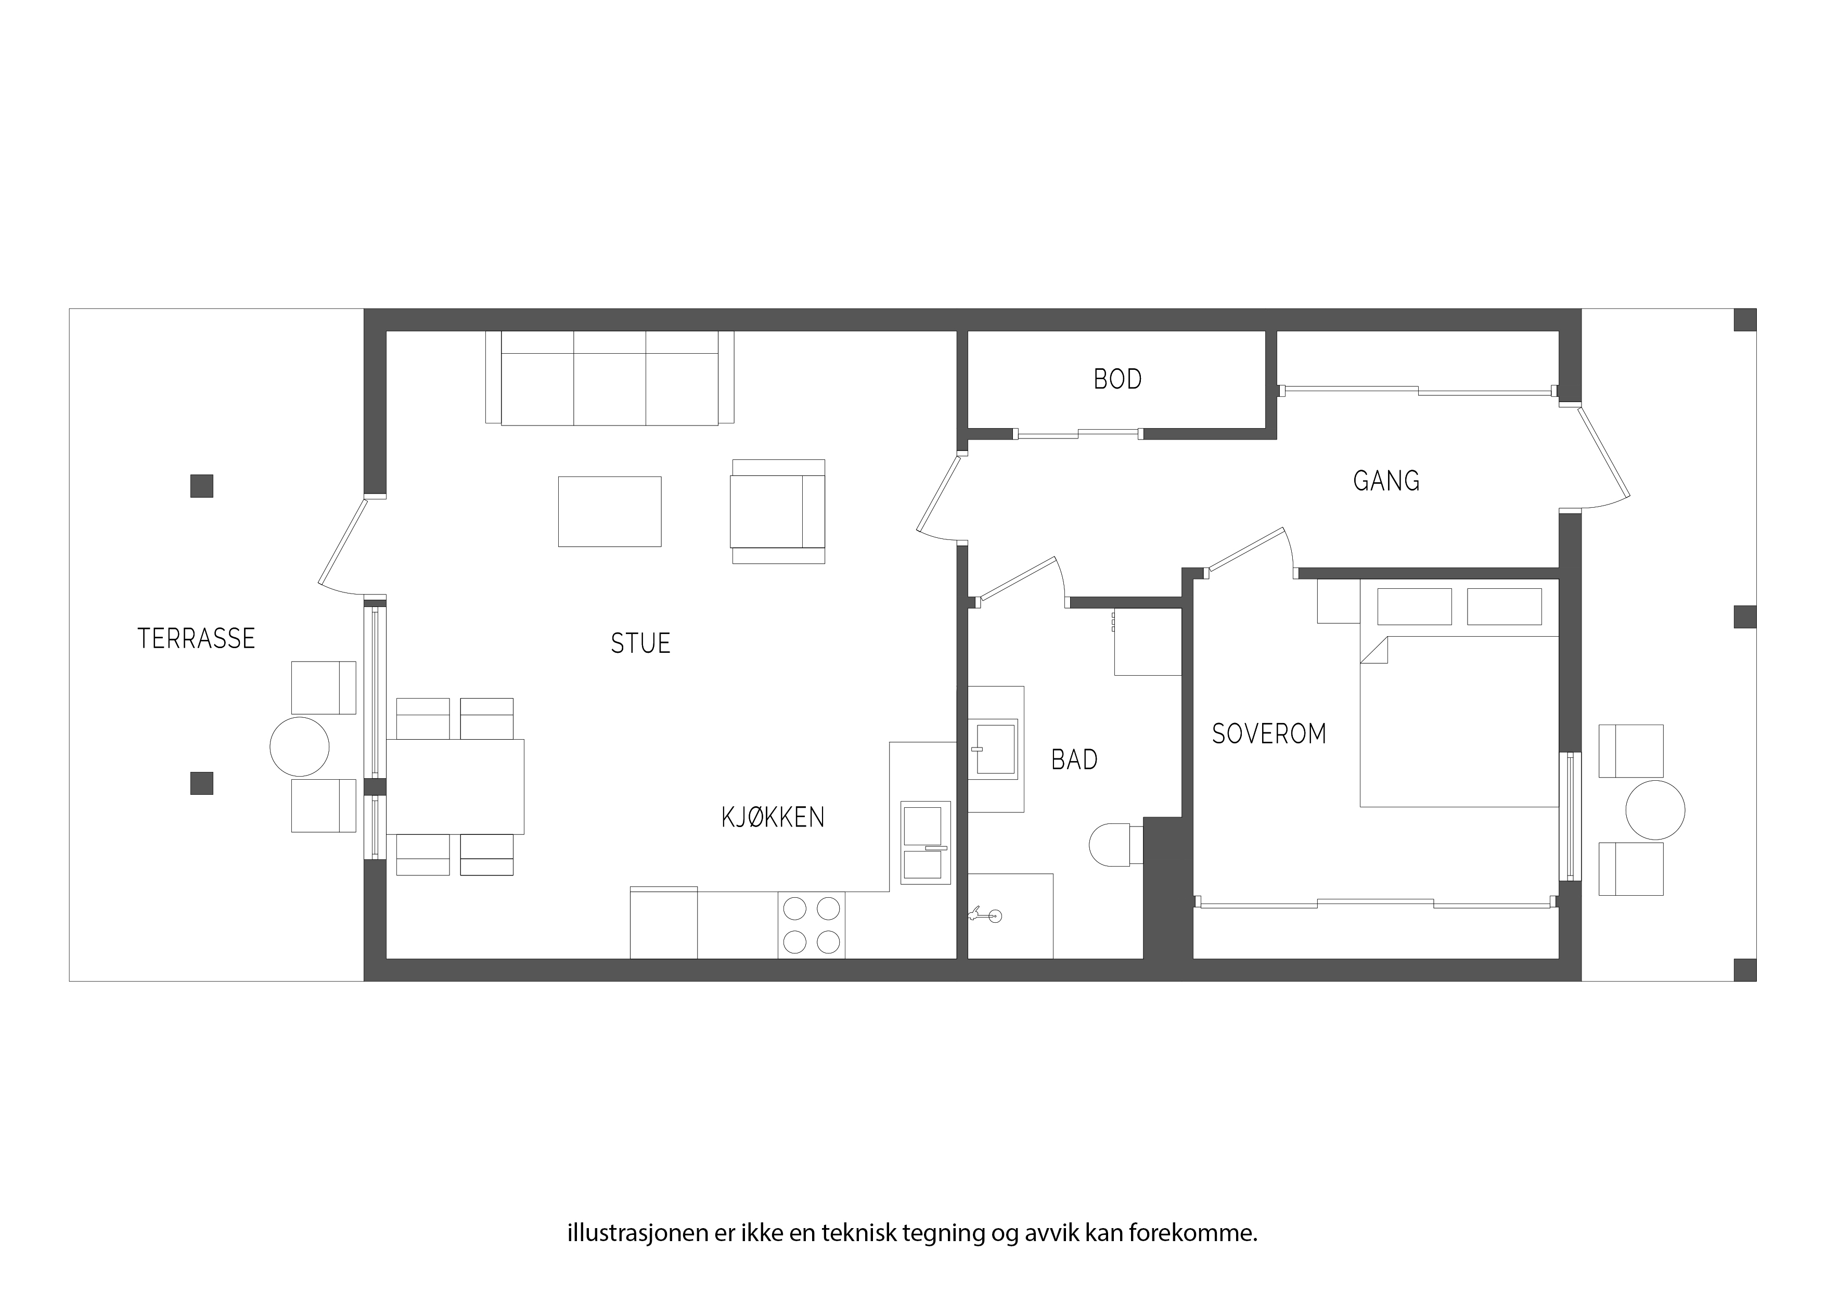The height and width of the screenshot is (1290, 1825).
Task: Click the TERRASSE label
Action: [x=196, y=638]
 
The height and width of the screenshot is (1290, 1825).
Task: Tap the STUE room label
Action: [x=640, y=643]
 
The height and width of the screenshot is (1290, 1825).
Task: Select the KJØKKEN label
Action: [x=773, y=817]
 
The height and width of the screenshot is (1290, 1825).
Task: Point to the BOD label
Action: [x=1117, y=380]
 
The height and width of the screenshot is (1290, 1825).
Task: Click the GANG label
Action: [x=1386, y=481]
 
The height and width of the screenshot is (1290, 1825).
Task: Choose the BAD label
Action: [x=1075, y=760]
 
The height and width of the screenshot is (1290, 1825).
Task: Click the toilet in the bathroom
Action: [x=1116, y=845]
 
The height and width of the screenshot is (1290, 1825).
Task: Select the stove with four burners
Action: [x=812, y=925]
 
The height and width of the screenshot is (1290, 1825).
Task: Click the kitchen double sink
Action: [x=925, y=843]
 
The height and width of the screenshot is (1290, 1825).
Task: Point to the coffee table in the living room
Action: [x=610, y=512]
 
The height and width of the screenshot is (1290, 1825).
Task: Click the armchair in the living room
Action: [x=778, y=512]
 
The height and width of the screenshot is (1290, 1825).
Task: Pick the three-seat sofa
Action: [x=610, y=378]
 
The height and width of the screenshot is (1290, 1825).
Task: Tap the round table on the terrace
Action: [x=300, y=747]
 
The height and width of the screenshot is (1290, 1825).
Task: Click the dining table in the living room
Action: [x=455, y=786]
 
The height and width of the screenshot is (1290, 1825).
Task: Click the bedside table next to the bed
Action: [x=1339, y=602]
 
